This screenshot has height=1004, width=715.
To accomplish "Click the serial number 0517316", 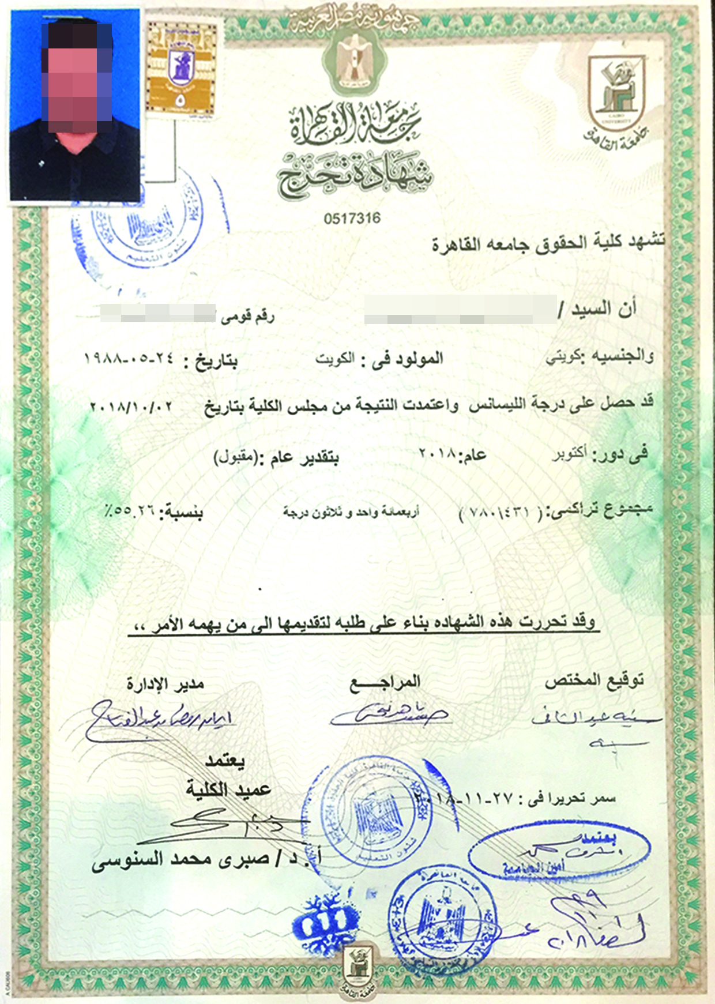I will (x=352, y=219).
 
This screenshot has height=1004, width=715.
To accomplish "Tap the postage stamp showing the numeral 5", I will (x=181, y=68).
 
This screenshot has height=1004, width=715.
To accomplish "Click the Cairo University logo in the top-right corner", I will (x=615, y=96).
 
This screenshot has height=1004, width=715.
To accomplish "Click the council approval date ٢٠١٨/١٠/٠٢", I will (x=132, y=407).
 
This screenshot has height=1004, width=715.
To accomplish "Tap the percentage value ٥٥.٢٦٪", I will (x=130, y=510).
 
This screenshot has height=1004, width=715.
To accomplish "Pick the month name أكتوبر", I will (x=570, y=454).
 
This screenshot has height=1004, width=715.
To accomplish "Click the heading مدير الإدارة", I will (x=165, y=685).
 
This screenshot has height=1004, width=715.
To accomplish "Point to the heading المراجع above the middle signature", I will (x=385, y=682).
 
